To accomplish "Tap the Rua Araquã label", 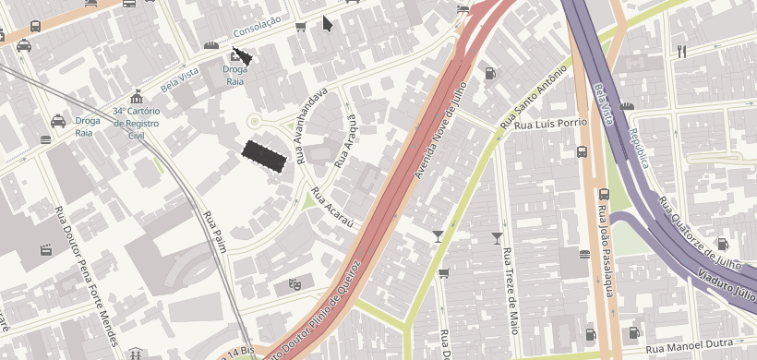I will [345, 142].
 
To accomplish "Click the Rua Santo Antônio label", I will [533, 96].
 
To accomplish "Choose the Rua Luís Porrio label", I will [551, 123].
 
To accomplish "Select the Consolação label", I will [256, 30].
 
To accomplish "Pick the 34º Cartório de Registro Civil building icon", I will [137, 97].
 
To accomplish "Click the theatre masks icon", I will [294, 284].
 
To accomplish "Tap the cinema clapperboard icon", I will [44, 249].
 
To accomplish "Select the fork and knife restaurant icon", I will [681, 52].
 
